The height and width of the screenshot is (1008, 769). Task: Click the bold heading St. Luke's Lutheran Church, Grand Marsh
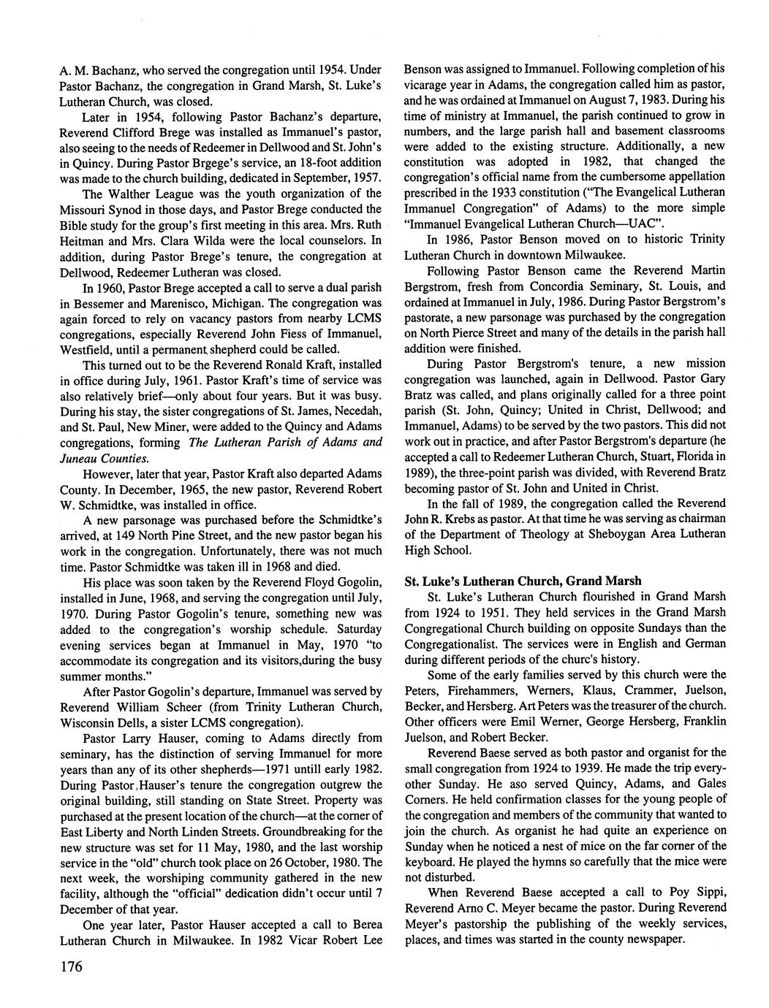point(523,581)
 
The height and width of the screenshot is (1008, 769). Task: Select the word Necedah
point(356,411)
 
